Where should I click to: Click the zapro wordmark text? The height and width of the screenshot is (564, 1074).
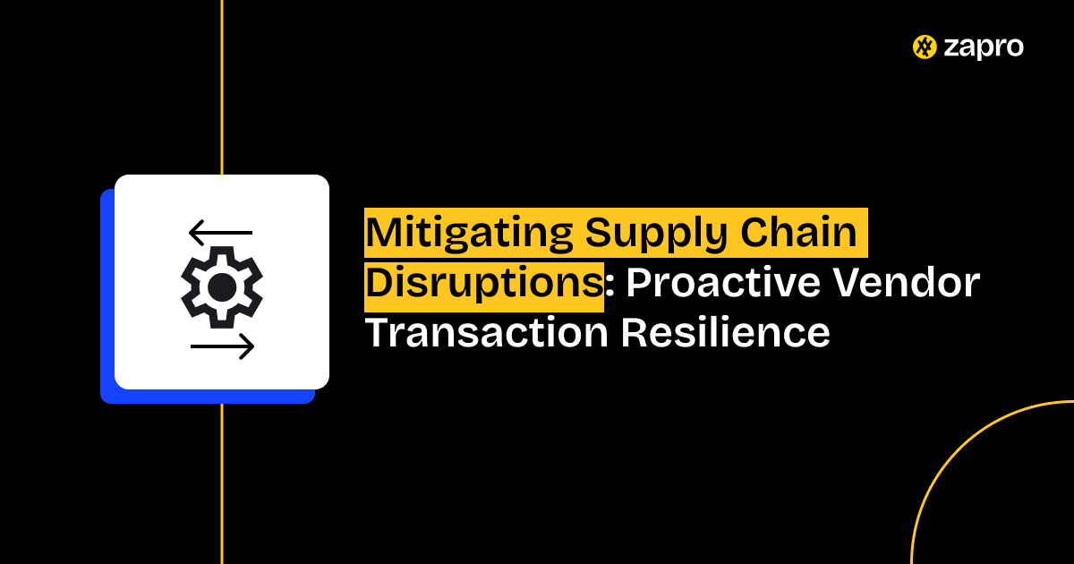click(x=984, y=47)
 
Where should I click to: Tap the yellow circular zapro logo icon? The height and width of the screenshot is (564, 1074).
click(x=925, y=47)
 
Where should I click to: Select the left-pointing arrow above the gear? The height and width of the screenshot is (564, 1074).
click(x=220, y=233)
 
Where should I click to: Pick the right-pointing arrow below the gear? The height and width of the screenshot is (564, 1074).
click(x=223, y=346)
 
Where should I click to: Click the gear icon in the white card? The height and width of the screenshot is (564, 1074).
click(x=222, y=286)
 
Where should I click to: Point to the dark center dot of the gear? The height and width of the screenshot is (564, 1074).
click(x=222, y=286)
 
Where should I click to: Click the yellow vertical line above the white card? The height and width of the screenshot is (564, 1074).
click(x=222, y=90)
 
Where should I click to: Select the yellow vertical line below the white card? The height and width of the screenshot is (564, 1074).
click(x=222, y=483)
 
